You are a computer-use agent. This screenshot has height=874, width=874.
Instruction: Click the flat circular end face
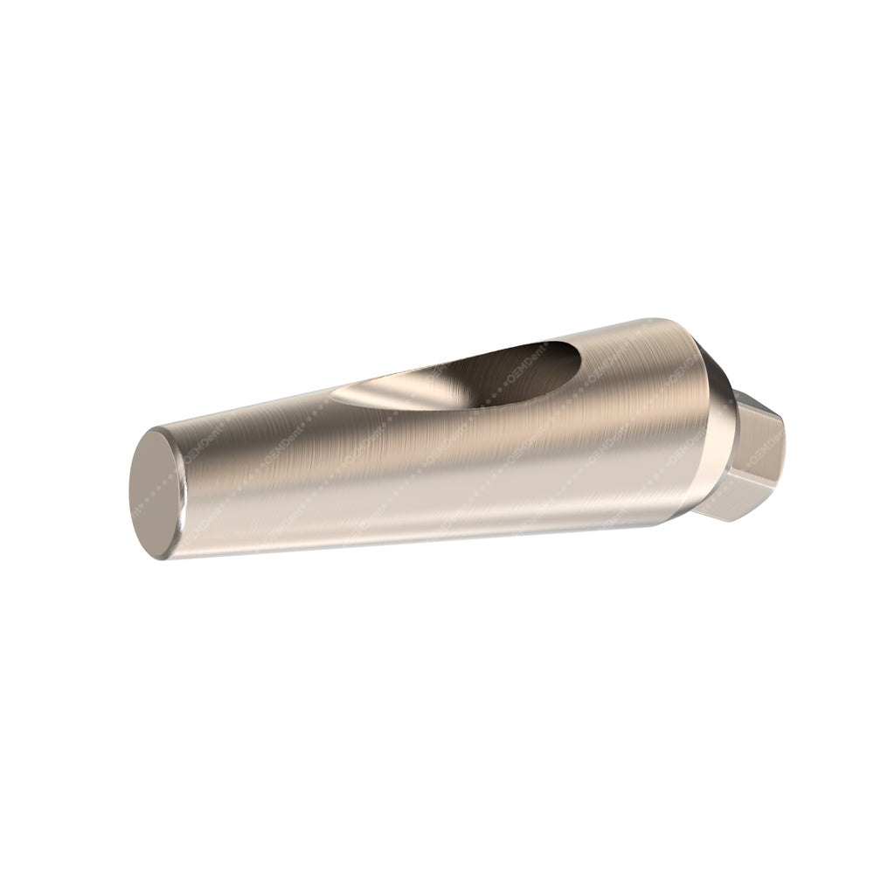[157, 494]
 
